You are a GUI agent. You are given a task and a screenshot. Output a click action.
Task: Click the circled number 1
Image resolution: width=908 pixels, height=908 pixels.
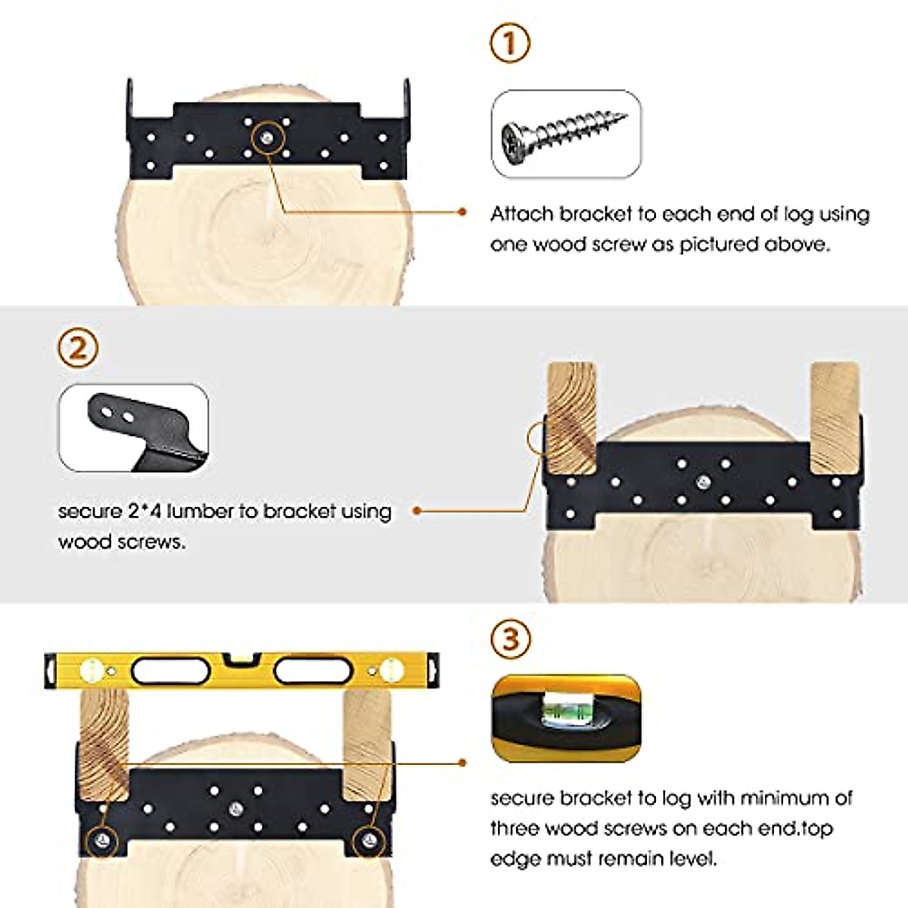click(x=510, y=43)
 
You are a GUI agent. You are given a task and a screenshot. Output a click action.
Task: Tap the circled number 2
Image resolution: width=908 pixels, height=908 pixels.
click(x=78, y=349)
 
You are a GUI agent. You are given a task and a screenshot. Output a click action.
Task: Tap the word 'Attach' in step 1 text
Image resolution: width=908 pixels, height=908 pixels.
click(x=521, y=214)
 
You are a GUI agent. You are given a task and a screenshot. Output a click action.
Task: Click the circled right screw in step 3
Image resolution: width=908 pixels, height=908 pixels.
click(x=369, y=840)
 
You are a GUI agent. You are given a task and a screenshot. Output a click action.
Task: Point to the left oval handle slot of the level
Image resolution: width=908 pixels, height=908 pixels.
click(x=170, y=671)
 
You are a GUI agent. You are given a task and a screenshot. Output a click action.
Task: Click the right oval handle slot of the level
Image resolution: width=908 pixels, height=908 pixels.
click(x=313, y=671)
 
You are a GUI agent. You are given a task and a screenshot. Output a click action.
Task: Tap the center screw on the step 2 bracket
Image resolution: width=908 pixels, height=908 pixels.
click(x=703, y=481)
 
